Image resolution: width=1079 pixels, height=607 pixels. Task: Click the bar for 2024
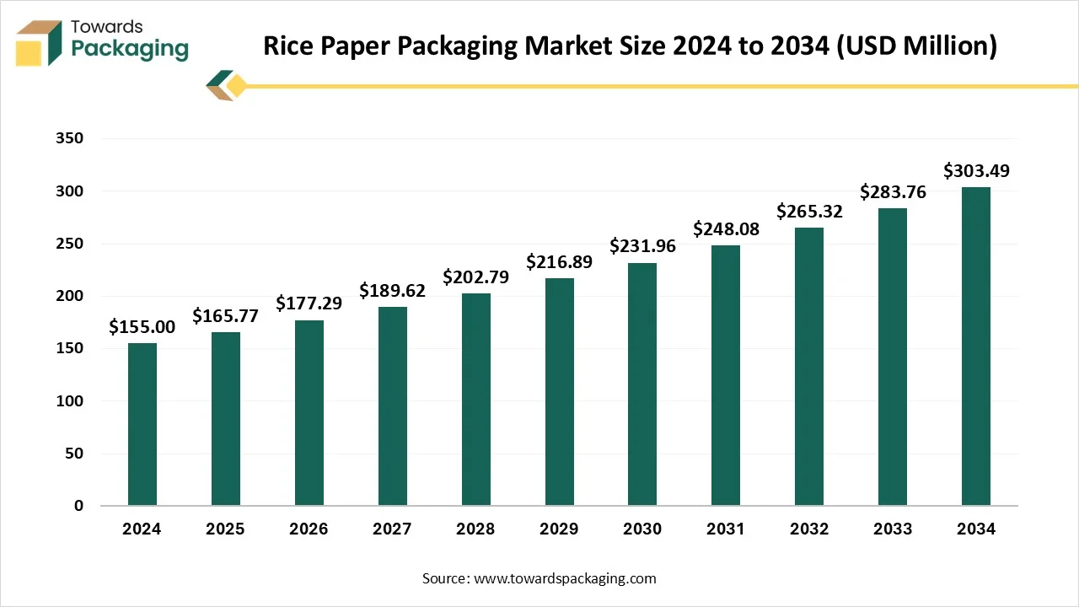pyautogui.click(x=142, y=424)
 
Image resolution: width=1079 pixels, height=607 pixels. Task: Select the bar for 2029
pyautogui.click(x=559, y=392)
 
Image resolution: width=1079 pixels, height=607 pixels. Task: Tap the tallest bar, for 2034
pyautogui.click(x=976, y=346)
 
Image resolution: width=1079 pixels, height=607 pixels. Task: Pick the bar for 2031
pyautogui.click(x=726, y=375)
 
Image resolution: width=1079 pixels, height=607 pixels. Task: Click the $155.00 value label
pyautogui.click(x=142, y=327)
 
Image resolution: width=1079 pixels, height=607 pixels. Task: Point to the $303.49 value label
pyautogui.click(x=976, y=171)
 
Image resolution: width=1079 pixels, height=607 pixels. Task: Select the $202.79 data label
pyautogui.click(x=475, y=277)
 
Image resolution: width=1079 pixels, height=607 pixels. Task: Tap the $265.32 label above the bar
pyautogui.click(x=809, y=211)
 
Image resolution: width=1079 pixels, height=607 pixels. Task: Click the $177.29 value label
pyautogui.click(x=309, y=303)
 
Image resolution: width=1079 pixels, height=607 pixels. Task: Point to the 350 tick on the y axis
pyautogui.click(x=72, y=138)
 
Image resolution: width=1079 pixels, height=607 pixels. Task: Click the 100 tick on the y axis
pyautogui.click(x=72, y=401)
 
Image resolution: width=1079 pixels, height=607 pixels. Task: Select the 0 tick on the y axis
pyautogui.click(x=78, y=506)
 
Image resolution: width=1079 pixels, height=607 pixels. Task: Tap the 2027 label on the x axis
pyautogui.click(x=392, y=529)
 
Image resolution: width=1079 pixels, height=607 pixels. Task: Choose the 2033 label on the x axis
pyautogui.click(x=893, y=529)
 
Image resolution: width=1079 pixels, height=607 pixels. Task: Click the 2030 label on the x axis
pyautogui.click(x=642, y=529)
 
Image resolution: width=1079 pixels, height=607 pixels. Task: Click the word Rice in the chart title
pyautogui.click(x=292, y=46)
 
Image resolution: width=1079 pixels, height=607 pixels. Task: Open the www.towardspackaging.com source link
pyautogui.click(x=566, y=578)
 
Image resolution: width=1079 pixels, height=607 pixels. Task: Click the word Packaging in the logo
pyautogui.click(x=130, y=49)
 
